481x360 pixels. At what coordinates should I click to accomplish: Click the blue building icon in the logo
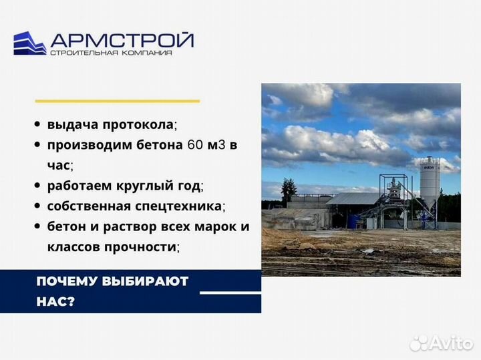(30, 43)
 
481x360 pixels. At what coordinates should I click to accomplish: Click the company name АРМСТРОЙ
(122, 39)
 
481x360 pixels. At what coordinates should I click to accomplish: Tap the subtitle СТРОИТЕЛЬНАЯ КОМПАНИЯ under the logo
(111, 54)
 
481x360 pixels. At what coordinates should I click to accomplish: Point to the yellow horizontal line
(117, 101)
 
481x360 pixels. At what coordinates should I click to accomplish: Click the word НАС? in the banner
(55, 301)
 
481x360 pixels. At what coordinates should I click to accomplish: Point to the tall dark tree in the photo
(289, 191)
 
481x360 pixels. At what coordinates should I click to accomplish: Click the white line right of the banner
(230, 293)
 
